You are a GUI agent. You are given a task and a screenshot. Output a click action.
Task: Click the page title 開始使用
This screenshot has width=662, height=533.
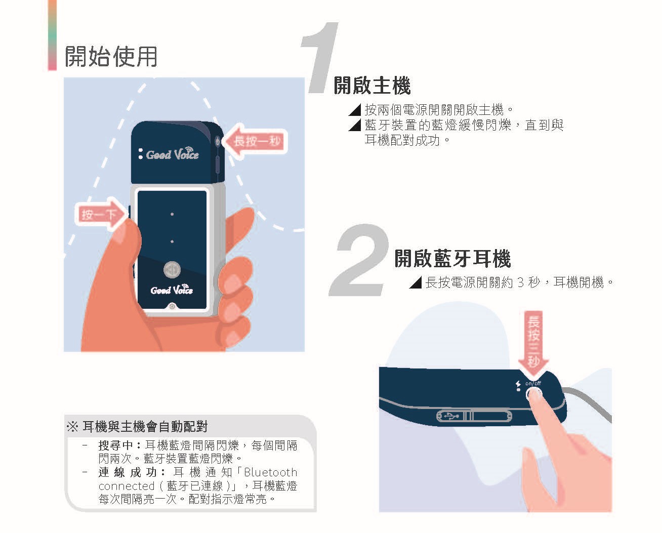pyautogui.click(x=111, y=57)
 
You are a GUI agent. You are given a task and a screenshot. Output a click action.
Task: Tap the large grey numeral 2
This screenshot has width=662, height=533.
pyautogui.click(x=359, y=260)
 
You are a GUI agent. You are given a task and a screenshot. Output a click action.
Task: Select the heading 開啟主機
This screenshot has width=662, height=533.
pyautogui.click(x=372, y=85)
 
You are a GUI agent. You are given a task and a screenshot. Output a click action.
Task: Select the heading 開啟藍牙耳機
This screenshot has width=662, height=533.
pyautogui.click(x=453, y=259)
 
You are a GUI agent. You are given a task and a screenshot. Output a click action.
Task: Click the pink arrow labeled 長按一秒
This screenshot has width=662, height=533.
pyautogui.click(x=255, y=141)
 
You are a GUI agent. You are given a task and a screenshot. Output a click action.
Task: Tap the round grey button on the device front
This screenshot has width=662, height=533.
pyautogui.click(x=172, y=270)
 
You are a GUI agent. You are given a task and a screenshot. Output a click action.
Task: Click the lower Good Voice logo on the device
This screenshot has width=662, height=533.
pyautogui.click(x=172, y=290)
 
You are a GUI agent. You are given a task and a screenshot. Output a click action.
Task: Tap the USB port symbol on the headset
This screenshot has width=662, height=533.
pyautogui.click(x=451, y=417)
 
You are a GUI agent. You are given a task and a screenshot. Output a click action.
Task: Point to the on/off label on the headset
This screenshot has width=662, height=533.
pyautogui.click(x=533, y=384)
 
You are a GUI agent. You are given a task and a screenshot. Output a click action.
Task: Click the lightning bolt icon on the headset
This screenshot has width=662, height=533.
pyautogui.click(x=518, y=384)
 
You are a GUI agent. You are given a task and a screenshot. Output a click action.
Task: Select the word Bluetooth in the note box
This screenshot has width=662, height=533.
pyautogui.click(x=271, y=472)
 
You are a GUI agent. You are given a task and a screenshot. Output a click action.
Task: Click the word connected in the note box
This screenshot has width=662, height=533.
pyautogui.click(x=127, y=486)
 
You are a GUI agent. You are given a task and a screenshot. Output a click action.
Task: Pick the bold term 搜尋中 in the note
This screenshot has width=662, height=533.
pyautogui.click(x=116, y=445)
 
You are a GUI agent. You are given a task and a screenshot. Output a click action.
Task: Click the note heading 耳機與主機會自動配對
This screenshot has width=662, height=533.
pyautogui.click(x=145, y=427)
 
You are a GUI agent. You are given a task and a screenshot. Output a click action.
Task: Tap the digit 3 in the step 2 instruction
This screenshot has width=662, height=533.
pyautogui.click(x=520, y=282)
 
